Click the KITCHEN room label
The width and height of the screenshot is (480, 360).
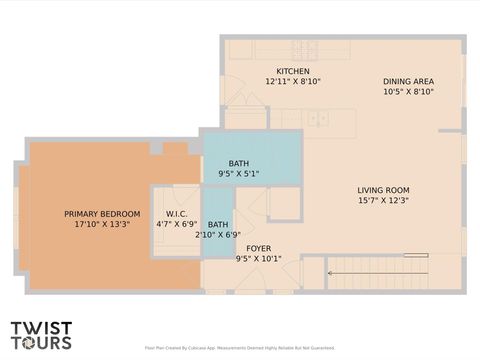coord(293,71)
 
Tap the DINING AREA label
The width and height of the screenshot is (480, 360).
coord(408,81)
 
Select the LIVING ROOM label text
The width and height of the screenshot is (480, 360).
coord(384,190)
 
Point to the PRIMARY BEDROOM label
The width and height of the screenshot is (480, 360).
coord(102,214)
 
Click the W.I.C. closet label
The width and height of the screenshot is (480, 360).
coord(177,214)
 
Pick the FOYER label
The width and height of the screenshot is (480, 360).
coord(259,248)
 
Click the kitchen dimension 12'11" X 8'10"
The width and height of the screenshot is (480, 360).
coord(293,82)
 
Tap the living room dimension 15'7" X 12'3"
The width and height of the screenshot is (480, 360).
coord(384,201)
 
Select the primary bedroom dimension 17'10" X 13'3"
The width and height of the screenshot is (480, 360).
coord(102,225)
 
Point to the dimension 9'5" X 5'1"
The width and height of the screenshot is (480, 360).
coord(239,174)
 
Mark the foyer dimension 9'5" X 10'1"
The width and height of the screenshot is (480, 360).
coord(259,259)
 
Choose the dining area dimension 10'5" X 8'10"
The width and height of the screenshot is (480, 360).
coord(408,92)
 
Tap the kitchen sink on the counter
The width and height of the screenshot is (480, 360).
coord(318,119)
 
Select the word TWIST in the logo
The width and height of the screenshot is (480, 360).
coord(41,327)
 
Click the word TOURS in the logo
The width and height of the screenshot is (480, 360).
coord(41,343)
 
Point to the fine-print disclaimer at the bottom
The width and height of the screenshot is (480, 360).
coord(239,348)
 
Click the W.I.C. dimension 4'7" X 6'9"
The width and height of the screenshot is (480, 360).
coord(177,225)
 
